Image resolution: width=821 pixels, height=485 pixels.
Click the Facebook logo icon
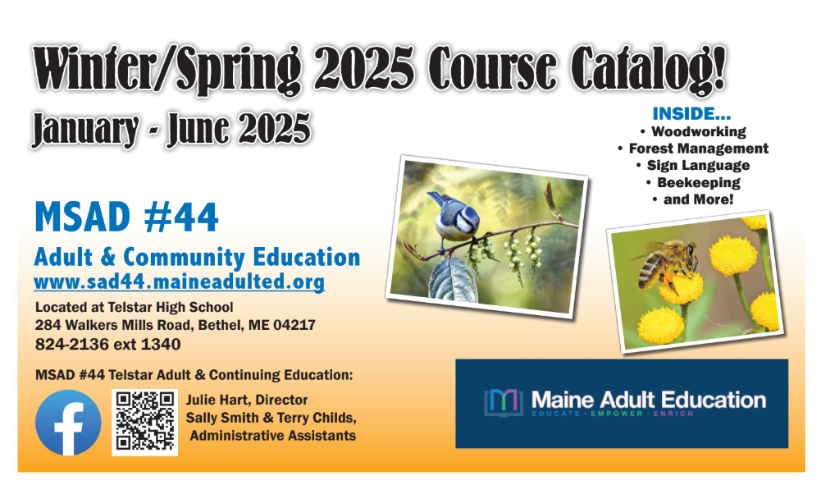click(x=68, y=422)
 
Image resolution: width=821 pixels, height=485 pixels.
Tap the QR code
click(x=144, y=422)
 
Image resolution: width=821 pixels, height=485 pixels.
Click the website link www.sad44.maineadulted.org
click(x=179, y=281)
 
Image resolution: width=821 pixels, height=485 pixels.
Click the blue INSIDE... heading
click(x=691, y=113)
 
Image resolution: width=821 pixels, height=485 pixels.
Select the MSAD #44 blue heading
click(x=126, y=217)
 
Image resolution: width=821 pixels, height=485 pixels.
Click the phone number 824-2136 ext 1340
click(x=108, y=344)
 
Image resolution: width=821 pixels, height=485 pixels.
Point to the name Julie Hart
click(x=218, y=400)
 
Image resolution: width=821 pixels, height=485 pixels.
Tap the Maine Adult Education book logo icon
click(x=503, y=402)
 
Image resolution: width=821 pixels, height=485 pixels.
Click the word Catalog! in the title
click(x=648, y=69)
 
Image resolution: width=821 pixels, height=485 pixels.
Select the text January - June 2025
click(x=171, y=128)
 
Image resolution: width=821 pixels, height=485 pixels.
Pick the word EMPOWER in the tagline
click(x=616, y=414)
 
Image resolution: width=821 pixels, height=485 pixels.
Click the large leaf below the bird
click(x=453, y=280)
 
